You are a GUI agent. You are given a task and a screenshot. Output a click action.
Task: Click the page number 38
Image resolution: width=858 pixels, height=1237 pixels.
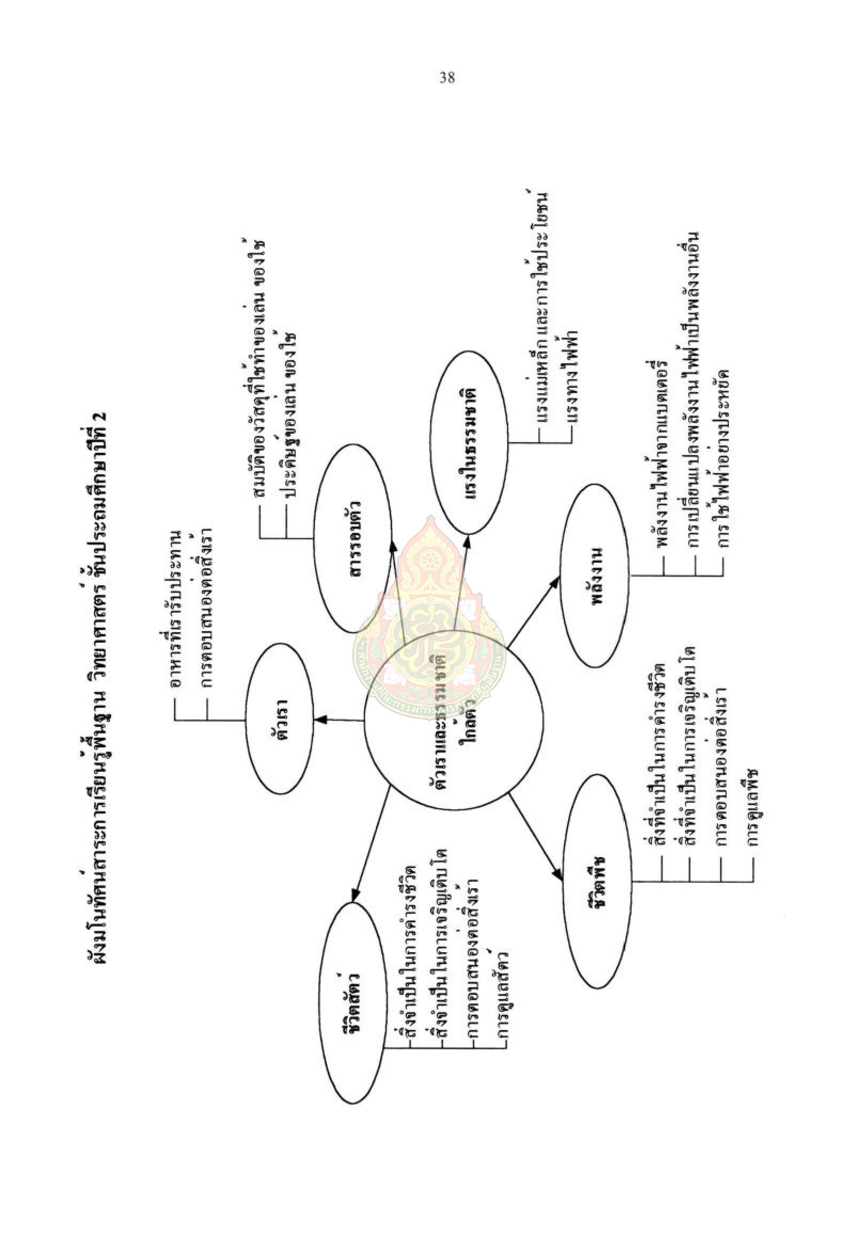pos(447,78)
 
